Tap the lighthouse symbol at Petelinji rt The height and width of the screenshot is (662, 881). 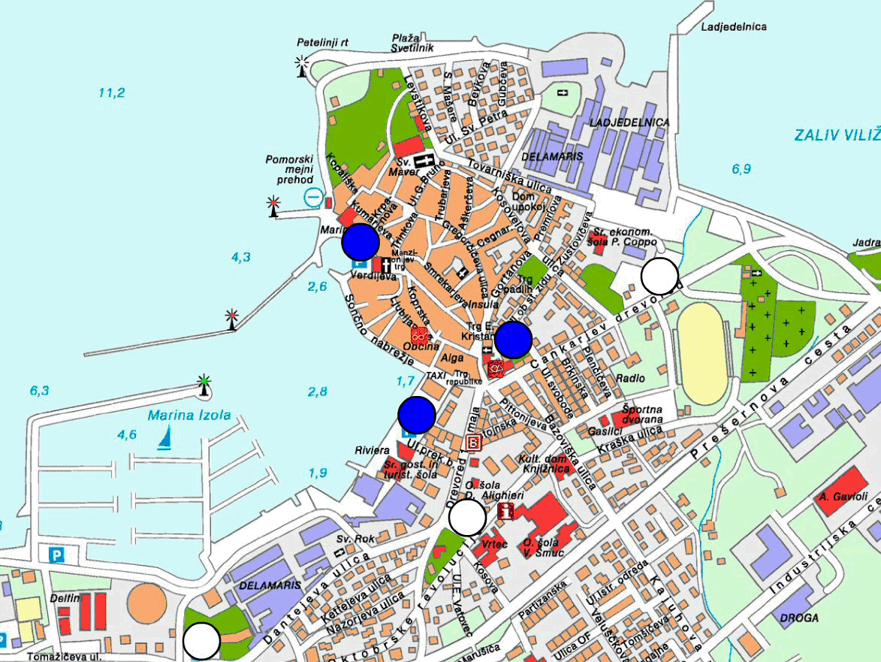[303, 66]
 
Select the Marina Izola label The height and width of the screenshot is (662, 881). [189, 415]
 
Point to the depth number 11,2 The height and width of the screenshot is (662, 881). [111, 93]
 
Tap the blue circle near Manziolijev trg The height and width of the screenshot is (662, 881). [361, 242]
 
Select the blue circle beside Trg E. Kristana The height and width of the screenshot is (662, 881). [514, 339]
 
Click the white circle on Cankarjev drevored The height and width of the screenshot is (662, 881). [659, 277]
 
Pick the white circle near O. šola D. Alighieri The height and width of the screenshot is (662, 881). [467, 518]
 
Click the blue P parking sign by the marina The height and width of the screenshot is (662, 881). [56, 555]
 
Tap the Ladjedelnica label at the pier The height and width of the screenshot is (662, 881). [733, 27]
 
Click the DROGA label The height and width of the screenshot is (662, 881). [798, 618]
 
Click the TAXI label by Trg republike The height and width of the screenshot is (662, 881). [436, 374]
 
